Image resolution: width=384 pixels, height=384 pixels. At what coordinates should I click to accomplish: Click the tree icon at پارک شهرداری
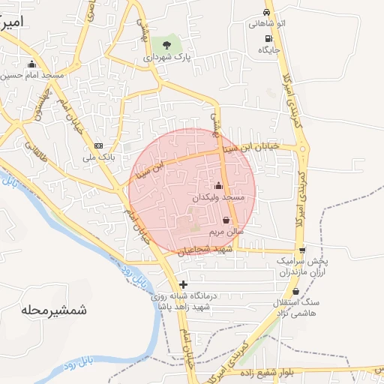coord(177,45)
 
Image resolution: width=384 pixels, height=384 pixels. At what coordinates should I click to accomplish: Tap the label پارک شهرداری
coord(169,56)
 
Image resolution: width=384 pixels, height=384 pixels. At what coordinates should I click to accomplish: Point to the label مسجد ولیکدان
coord(219,196)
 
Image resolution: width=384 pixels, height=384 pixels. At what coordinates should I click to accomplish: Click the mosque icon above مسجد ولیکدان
coord(219,185)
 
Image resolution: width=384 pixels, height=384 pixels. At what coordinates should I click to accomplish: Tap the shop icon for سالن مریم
coord(226,220)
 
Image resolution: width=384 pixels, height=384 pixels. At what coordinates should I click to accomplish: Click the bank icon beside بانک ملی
coord(97,145)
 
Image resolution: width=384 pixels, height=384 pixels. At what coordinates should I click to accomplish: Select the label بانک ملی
coord(98,157)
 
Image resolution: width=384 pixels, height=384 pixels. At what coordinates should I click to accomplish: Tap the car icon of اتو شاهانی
coord(266,13)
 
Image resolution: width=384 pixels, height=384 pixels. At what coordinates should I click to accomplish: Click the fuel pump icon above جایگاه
coord(268,37)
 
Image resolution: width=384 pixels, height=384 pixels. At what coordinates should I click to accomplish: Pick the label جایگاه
coord(268,49)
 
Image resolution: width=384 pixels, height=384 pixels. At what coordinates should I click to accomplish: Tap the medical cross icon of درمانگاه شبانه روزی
coord(184,284)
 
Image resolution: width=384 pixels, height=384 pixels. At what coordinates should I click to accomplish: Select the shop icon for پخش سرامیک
coord(301,250)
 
